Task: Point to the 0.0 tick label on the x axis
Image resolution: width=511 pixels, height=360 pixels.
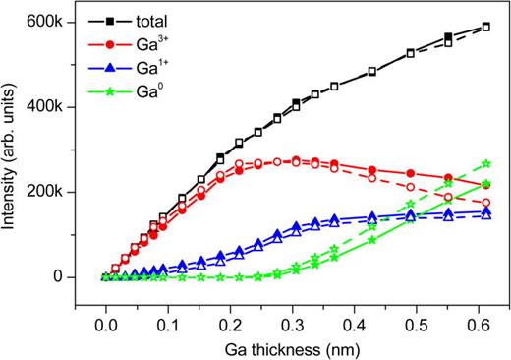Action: coord(105,319)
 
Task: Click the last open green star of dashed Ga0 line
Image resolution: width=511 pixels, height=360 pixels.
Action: coord(485,163)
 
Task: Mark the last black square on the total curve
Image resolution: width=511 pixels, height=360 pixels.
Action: coord(485,27)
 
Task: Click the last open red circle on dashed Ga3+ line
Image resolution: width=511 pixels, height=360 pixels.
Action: coord(485,202)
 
